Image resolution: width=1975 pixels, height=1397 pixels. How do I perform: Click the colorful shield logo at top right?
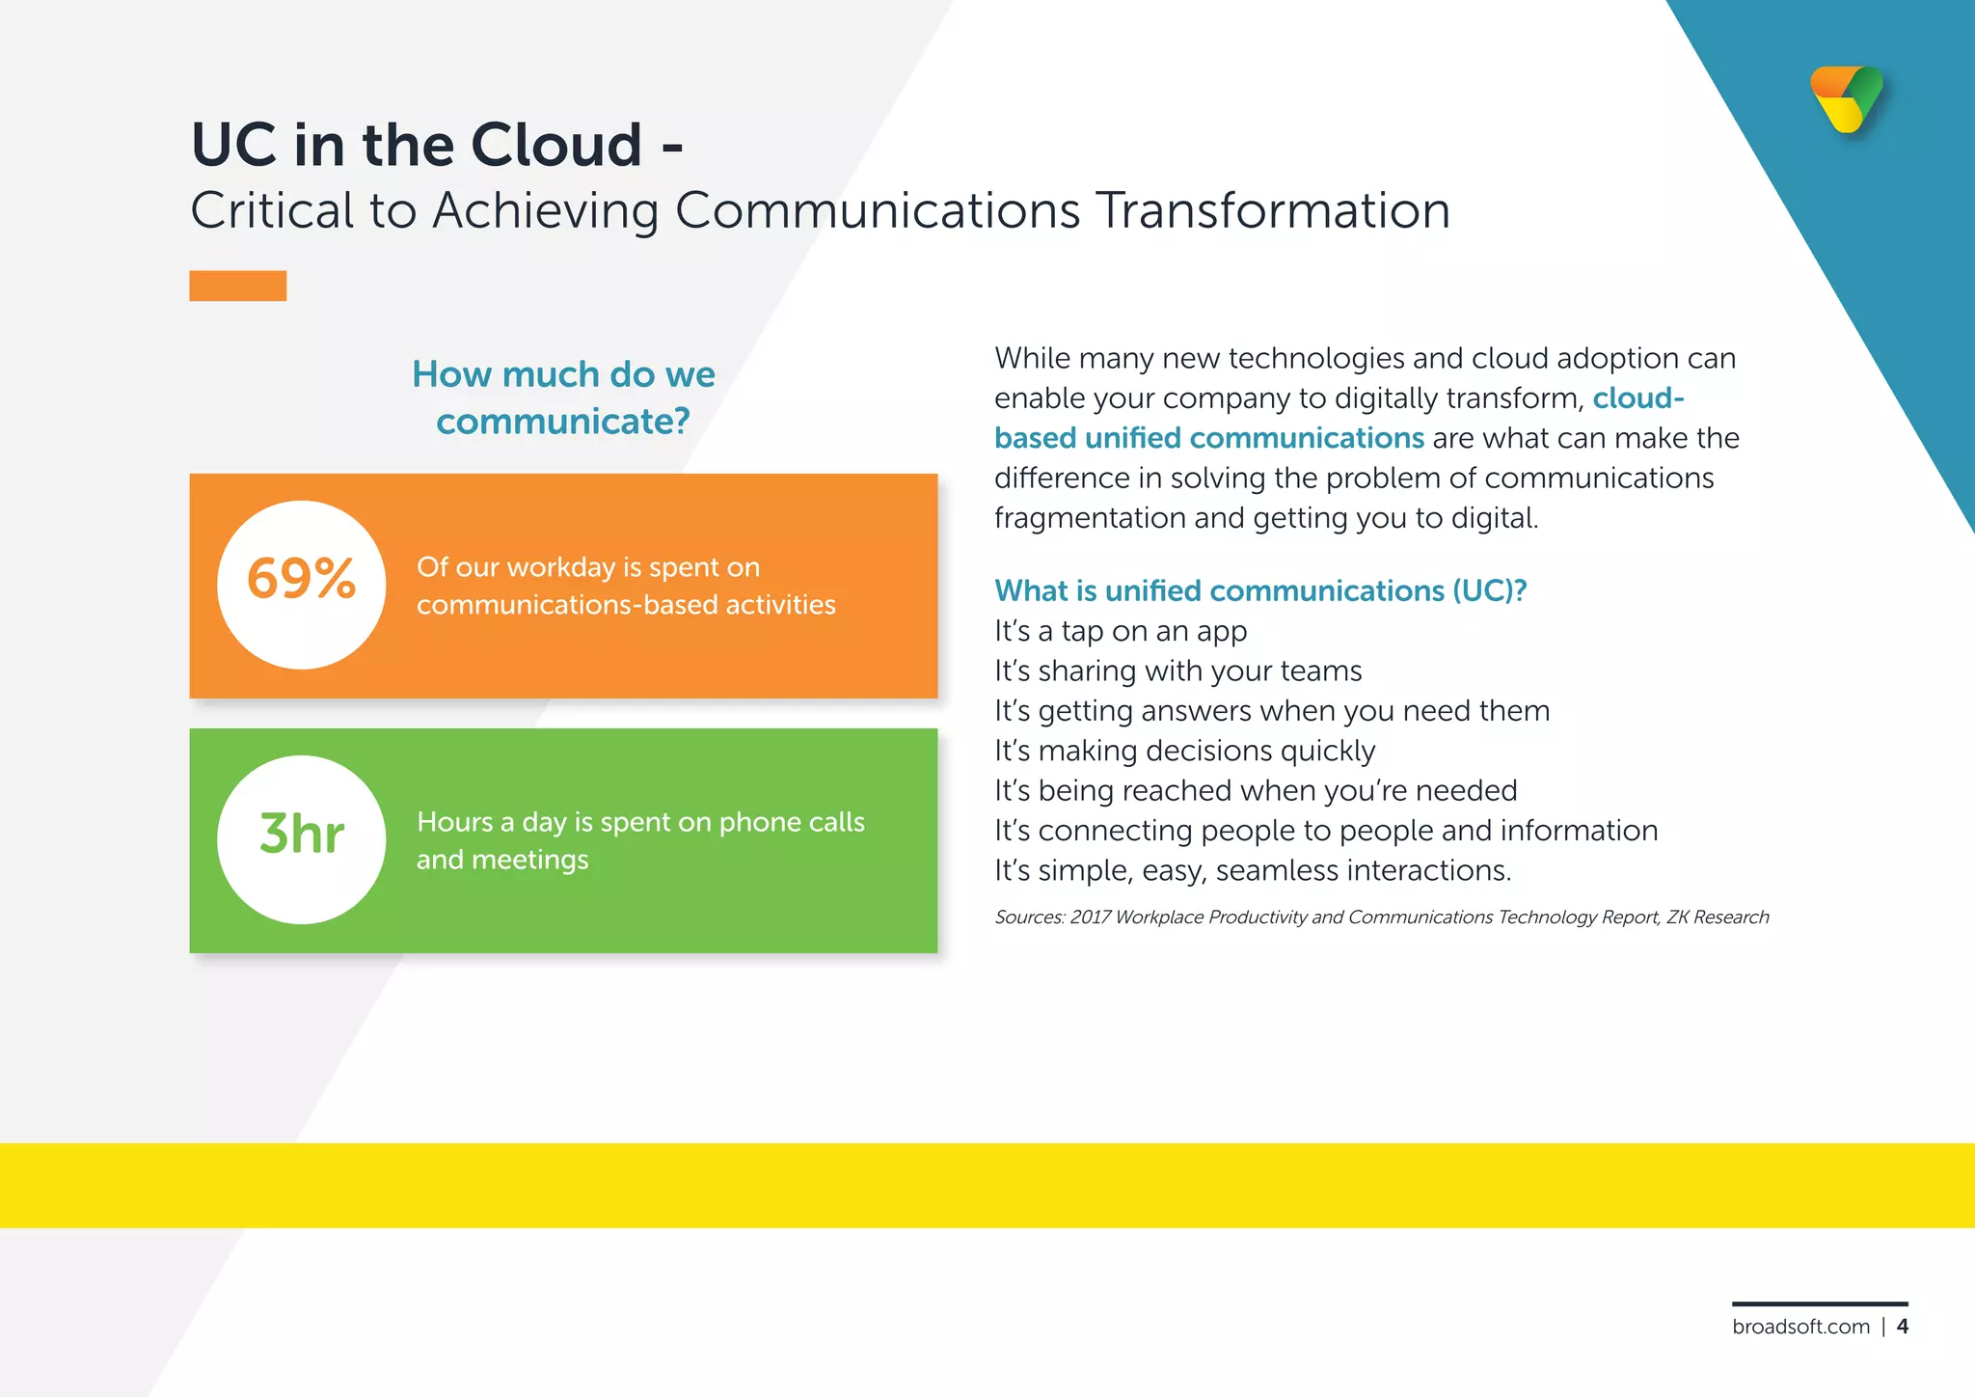pos(1847,99)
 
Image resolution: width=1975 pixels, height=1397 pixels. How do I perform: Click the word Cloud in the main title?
pos(556,145)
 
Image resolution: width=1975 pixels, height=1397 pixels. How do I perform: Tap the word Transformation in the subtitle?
pos(1273,210)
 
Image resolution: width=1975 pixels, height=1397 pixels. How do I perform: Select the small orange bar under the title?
pos(237,286)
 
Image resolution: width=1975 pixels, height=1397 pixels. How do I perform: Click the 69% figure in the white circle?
pos(302,580)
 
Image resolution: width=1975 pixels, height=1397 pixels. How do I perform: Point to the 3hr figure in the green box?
pos(302,835)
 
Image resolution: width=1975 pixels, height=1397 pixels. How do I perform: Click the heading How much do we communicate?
pos(563,397)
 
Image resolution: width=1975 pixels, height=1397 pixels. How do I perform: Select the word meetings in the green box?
pos(530,860)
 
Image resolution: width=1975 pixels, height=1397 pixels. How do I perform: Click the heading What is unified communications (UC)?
pos(1259,590)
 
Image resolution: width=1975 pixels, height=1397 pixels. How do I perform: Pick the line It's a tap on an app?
pos(1120,631)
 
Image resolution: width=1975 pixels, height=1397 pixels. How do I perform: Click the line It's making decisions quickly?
pos(1184,751)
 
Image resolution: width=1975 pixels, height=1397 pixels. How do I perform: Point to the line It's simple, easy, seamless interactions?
pos(1252,870)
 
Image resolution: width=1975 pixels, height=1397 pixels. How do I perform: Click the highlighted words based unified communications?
pos(1208,438)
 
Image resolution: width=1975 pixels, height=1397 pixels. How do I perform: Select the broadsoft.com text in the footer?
pos(1800,1327)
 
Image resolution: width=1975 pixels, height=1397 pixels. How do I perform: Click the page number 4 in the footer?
pos(1902,1327)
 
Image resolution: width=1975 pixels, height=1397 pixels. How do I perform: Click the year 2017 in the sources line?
pos(1090,918)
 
